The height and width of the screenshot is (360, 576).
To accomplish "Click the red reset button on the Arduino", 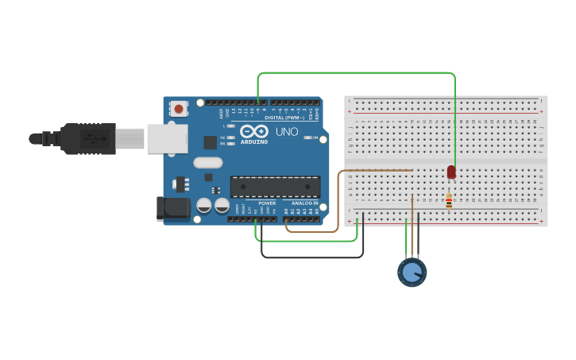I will pos(180,108).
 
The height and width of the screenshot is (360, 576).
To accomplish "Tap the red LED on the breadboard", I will pos(451,172).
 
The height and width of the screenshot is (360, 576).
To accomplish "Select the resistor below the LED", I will pos(449,201).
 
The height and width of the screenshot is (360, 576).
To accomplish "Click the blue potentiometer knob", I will pos(412,273).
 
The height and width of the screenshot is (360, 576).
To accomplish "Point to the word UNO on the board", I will pos(286,131).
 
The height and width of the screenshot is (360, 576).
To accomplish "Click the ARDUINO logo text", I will pos(253,141).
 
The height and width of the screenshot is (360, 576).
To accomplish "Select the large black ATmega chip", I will pos(275,187).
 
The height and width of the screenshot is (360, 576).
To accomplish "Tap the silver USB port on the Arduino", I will pos(166,138).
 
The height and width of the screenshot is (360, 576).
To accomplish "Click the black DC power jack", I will pos(173,208).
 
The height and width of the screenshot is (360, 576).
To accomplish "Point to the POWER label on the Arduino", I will pos(267,203).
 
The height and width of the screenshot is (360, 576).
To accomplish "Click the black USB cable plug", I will pos(87,138).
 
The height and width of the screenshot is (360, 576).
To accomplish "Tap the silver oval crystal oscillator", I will pos(207,163).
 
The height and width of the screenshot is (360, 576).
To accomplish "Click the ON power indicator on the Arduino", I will pos(310,137).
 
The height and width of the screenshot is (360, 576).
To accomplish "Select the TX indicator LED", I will pos(230,137).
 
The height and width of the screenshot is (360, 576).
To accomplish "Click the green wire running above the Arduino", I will pos(358,73).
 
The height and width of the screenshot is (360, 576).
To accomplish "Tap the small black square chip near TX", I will pos(210,142).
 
